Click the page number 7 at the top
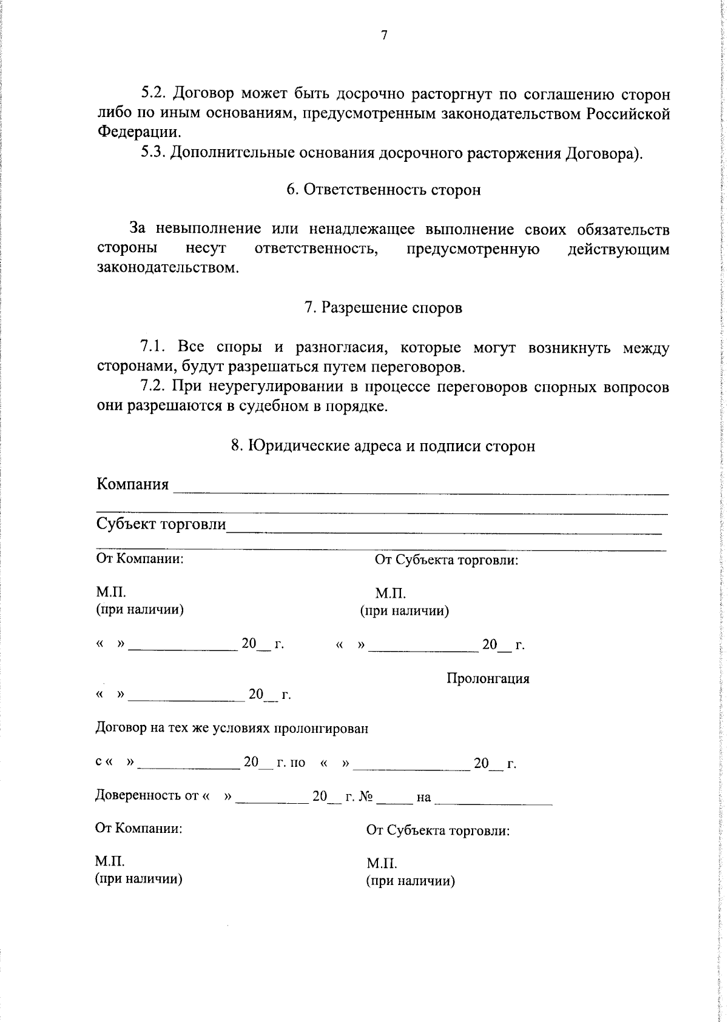pyautogui.click(x=383, y=36)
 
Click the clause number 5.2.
pyautogui.click(x=154, y=95)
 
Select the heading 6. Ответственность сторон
pyautogui.click(x=383, y=190)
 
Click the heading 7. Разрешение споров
pyautogui.click(x=383, y=308)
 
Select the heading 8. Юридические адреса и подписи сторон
pyautogui.click(x=383, y=446)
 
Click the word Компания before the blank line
pyautogui.click(x=133, y=484)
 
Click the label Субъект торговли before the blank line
pyautogui.click(x=161, y=524)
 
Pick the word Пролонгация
pyautogui.click(x=488, y=678)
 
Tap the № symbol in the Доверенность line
pyautogui.click(x=365, y=797)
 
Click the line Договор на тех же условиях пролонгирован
pyautogui.click(x=232, y=728)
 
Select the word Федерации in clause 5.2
pyautogui.click(x=139, y=132)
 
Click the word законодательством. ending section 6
pyautogui.click(x=168, y=268)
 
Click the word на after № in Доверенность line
pyautogui.click(x=423, y=798)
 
